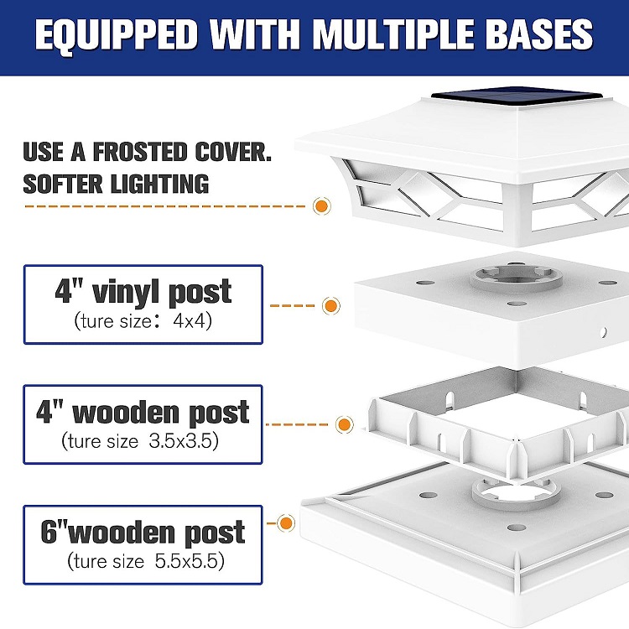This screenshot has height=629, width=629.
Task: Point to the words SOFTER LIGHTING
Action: [116, 184]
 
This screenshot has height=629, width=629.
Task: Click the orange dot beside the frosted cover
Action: [320, 206]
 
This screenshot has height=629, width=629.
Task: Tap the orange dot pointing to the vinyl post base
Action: [331, 305]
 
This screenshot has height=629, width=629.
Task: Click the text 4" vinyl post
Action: [143, 293]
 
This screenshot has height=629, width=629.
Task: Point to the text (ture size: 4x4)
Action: [143, 320]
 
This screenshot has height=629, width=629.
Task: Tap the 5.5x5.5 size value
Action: [190, 560]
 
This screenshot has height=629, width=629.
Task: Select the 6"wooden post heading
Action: [143, 533]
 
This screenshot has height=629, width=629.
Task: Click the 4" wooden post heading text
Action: [143, 413]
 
